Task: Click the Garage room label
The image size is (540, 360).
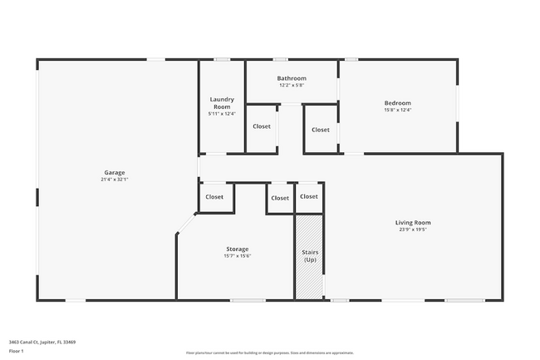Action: pos(114,172)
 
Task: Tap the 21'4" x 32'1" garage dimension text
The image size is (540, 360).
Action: pos(114,179)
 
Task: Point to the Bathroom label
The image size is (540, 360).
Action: pos(292,78)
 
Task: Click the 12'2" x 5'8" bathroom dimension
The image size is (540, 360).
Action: pos(292,85)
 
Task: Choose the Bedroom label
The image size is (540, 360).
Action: pos(397,102)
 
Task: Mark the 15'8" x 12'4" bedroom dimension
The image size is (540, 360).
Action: pos(397,109)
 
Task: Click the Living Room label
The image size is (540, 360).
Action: pos(412,222)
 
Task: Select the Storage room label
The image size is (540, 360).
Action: pos(238,249)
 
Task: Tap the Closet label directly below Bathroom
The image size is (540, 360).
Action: pos(262,126)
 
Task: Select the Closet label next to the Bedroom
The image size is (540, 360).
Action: pos(320,130)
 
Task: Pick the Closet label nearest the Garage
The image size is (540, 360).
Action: pos(214,197)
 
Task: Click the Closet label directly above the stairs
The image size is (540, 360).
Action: pos(309,196)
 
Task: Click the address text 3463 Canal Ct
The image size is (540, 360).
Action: pos(42,341)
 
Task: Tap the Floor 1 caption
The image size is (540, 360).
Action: pos(16,351)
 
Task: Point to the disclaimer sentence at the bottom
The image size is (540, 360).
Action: pos(269,353)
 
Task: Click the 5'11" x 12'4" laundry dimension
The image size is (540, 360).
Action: pos(222,113)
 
